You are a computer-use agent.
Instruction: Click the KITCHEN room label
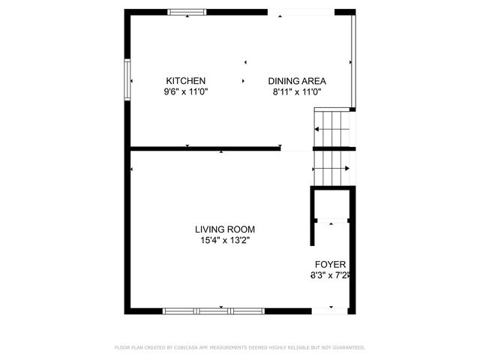(x=186, y=81)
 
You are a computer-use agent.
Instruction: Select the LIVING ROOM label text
(x=225, y=229)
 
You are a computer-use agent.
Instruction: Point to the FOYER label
(x=330, y=265)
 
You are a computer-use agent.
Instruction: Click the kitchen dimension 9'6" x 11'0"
(x=186, y=91)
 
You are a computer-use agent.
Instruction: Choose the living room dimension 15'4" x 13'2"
(x=225, y=241)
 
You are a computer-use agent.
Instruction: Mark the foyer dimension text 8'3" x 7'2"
(x=330, y=276)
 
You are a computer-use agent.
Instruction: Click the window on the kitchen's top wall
(x=186, y=12)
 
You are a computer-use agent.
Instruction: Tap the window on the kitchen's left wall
(x=127, y=78)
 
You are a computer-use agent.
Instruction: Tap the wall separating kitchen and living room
(x=202, y=148)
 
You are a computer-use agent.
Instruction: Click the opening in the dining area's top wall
(x=300, y=12)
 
